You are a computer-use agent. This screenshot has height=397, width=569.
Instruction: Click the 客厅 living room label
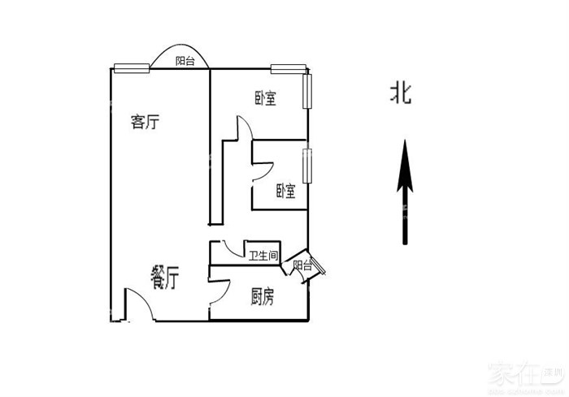click(x=145, y=123)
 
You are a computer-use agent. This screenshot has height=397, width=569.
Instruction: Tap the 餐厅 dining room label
click(x=165, y=278)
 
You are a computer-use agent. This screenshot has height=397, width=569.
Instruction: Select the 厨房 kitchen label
click(x=262, y=297)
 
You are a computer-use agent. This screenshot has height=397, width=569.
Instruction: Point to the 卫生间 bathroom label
click(x=263, y=256)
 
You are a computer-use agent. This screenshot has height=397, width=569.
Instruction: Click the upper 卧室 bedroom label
click(x=265, y=99)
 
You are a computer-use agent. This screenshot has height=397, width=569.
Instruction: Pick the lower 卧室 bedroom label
click(x=285, y=191)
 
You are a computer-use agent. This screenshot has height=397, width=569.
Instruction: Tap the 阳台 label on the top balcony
click(x=185, y=61)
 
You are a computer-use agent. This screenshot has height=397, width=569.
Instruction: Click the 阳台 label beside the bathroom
click(x=302, y=265)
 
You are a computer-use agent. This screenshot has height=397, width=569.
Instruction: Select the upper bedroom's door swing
click(x=245, y=130)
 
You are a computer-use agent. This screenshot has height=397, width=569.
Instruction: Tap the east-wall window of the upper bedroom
click(x=308, y=91)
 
